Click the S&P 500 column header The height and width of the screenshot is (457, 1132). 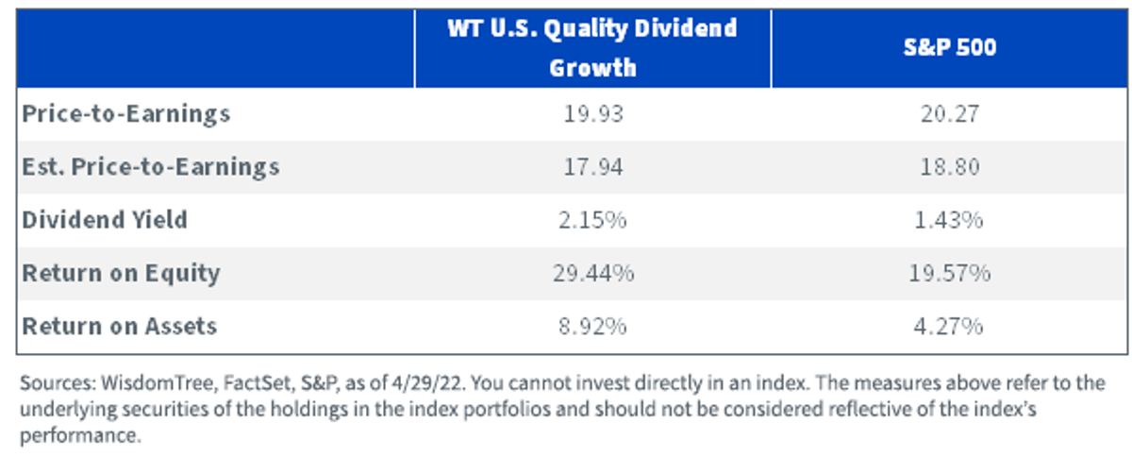950,47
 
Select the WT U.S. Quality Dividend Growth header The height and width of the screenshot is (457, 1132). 592,48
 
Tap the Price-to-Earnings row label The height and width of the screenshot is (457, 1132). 125,114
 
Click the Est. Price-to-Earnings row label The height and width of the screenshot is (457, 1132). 151,167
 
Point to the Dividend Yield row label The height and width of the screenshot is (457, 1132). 105,220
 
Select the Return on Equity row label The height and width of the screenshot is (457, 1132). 122,273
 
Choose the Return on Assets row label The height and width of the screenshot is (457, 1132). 119,327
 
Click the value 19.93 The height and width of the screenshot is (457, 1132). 593,114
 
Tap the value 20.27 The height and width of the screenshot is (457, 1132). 950,114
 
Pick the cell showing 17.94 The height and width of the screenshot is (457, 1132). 593,167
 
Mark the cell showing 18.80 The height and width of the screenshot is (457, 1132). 950,167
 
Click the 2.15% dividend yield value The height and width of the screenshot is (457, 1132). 592,220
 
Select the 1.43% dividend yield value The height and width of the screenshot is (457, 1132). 949,220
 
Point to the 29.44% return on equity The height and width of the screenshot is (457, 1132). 593,273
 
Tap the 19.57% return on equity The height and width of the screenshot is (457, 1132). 950,273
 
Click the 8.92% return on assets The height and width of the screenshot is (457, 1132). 592,327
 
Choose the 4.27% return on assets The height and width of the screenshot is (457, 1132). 949,327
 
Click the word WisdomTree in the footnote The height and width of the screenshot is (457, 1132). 158,383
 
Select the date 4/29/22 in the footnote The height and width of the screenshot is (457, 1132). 427,383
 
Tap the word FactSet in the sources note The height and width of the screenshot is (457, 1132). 258,383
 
